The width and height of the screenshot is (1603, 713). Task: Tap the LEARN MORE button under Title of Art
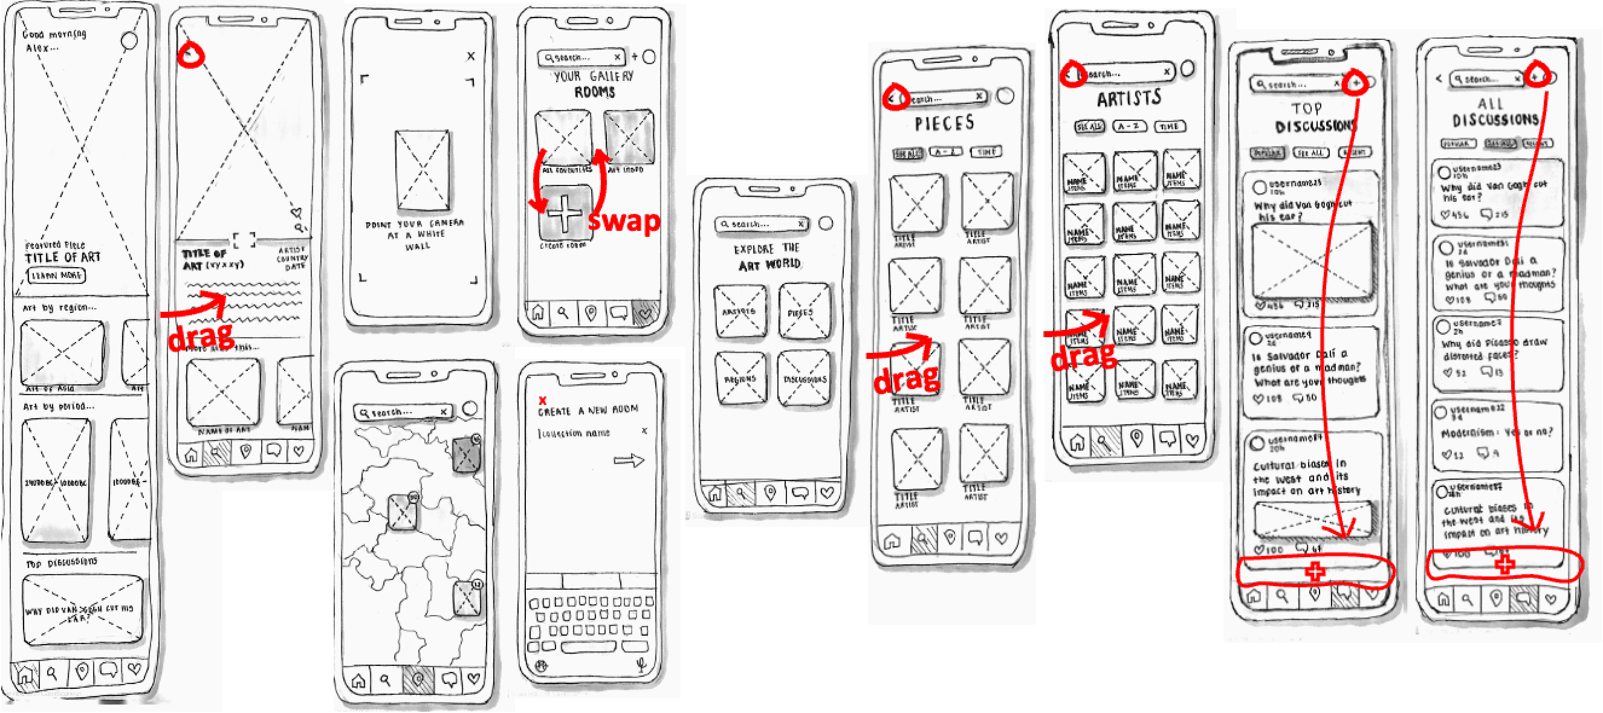[56, 275]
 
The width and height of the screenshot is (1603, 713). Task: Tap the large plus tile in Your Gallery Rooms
[565, 213]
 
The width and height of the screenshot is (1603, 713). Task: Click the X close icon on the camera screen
[471, 56]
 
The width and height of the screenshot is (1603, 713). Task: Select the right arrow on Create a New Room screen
[629, 460]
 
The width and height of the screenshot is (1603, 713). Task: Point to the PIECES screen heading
[944, 123]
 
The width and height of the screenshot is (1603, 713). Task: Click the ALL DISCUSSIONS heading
[1495, 112]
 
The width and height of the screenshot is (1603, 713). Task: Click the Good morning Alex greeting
[54, 40]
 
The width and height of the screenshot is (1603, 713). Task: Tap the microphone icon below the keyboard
[641, 666]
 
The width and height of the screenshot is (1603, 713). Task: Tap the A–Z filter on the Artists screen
[1130, 126]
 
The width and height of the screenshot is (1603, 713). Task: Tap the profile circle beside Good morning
[129, 41]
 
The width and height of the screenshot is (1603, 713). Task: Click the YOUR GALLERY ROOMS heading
[594, 84]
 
